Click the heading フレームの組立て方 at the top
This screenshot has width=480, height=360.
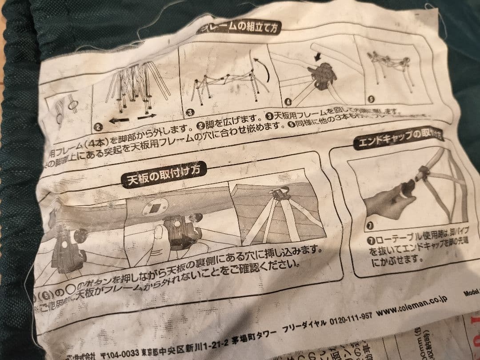(x=240, y=28)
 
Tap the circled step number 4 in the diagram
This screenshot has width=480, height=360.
(x=288, y=102)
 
